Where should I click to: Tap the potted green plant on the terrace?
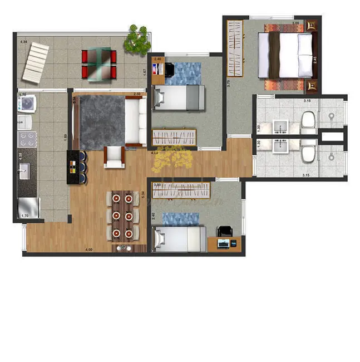(136, 38)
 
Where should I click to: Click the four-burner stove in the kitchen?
(27, 139)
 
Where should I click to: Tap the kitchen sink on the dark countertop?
(24, 173)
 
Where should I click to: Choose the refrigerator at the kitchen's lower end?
(29, 207)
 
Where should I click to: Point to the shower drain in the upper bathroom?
(332, 117)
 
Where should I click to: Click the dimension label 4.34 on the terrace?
(23, 42)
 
